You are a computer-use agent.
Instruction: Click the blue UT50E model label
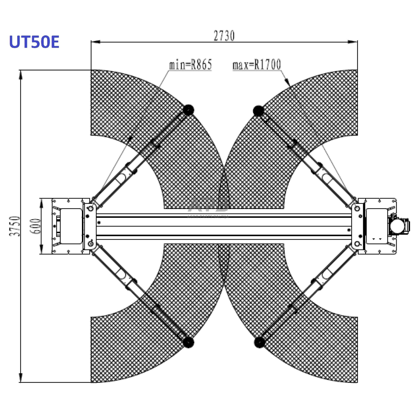34,42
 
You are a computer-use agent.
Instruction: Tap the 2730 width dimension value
224,36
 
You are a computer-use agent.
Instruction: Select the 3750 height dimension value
15,226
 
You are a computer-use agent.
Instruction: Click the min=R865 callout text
190,65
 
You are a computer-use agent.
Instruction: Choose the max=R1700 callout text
257,65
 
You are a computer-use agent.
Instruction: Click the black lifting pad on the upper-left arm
188,110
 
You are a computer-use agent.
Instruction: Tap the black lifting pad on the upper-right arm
258,111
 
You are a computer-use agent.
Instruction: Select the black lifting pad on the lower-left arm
188,342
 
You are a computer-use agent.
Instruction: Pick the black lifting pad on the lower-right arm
259,342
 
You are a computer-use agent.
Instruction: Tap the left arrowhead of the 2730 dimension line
94,42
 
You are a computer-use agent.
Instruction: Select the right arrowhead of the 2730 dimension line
354,42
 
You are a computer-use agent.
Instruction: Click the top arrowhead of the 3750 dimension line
21,74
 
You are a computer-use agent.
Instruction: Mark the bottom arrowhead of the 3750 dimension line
21,379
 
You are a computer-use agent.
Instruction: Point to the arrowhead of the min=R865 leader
130,139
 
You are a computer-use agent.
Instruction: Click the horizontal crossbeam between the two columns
224,226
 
